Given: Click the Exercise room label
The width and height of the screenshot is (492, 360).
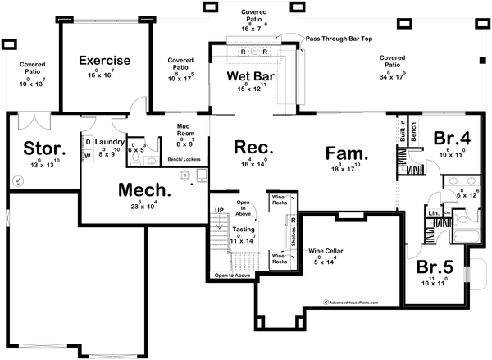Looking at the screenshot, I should pyautogui.click(x=104, y=60).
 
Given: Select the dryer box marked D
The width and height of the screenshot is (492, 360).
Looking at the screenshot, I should pyautogui.click(x=88, y=141).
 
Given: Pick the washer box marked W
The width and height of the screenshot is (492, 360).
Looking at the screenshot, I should pyautogui.click(x=88, y=155).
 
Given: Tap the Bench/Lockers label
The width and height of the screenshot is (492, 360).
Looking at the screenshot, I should pyautogui.click(x=185, y=159).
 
